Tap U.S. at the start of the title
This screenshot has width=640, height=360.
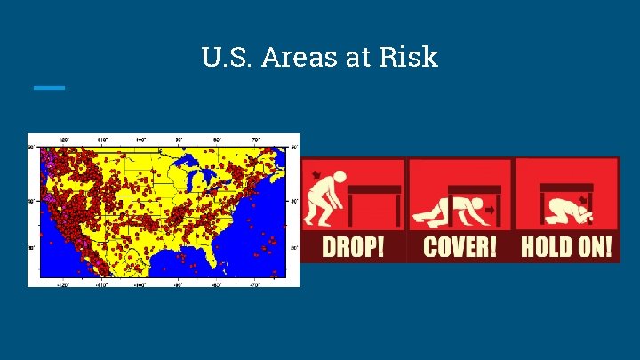coord(224,58)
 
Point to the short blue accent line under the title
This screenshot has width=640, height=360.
coord(49,87)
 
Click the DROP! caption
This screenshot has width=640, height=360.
coord(353,245)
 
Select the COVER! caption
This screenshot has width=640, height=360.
coord(460,245)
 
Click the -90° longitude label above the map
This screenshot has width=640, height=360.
coord(179,140)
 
